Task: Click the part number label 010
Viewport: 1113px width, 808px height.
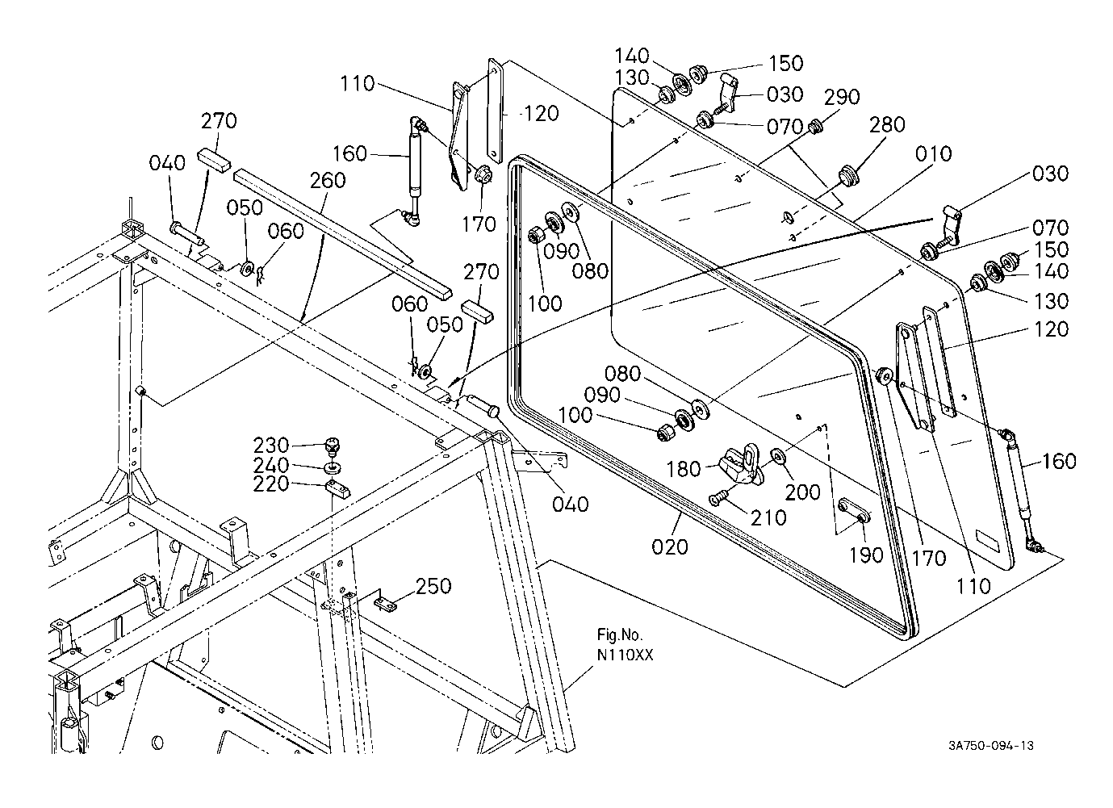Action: click(x=934, y=154)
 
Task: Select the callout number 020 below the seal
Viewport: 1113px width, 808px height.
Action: click(x=670, y=546)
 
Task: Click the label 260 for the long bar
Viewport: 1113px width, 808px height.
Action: click(x=328, y=180)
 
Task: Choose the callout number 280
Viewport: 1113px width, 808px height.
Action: click(x=888, y=126)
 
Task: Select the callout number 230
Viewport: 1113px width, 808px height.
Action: click(x=271, y=446)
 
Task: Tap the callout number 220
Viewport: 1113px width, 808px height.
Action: click(x=271, y=486)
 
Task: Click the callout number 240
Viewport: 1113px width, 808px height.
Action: click(x=271, y=466)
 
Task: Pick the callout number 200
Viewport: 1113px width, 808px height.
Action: click(x=803, y=492)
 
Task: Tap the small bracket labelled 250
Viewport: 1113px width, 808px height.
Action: click(x=389, y=601)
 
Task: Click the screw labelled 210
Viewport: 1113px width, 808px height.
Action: click(x=721, y=499)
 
